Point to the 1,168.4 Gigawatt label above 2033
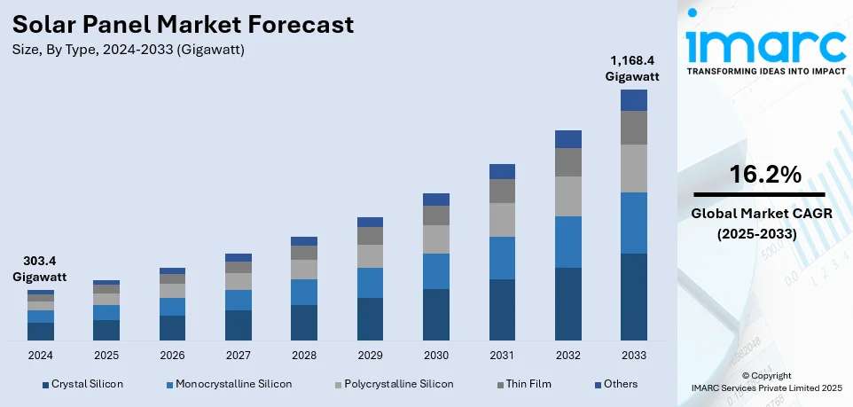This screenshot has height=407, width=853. pos(632,68)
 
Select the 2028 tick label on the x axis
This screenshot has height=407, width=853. pos(304,355)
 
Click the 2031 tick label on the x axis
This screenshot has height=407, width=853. pos(502,355)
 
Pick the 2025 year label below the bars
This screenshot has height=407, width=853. pos(106,355)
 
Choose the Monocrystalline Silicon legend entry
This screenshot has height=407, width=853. pos(233,384)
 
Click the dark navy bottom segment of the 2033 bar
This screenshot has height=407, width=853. pos(633,297)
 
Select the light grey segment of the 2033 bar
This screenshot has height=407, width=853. pos(633,168)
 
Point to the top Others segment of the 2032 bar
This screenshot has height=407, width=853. pos(567,139)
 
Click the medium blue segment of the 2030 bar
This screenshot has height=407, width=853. pos(436,271)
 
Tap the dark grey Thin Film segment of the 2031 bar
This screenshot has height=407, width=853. pos(502,191)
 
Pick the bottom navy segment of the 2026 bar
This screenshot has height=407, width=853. pos(172,328)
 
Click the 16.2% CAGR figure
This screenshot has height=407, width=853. pos(765,175)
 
